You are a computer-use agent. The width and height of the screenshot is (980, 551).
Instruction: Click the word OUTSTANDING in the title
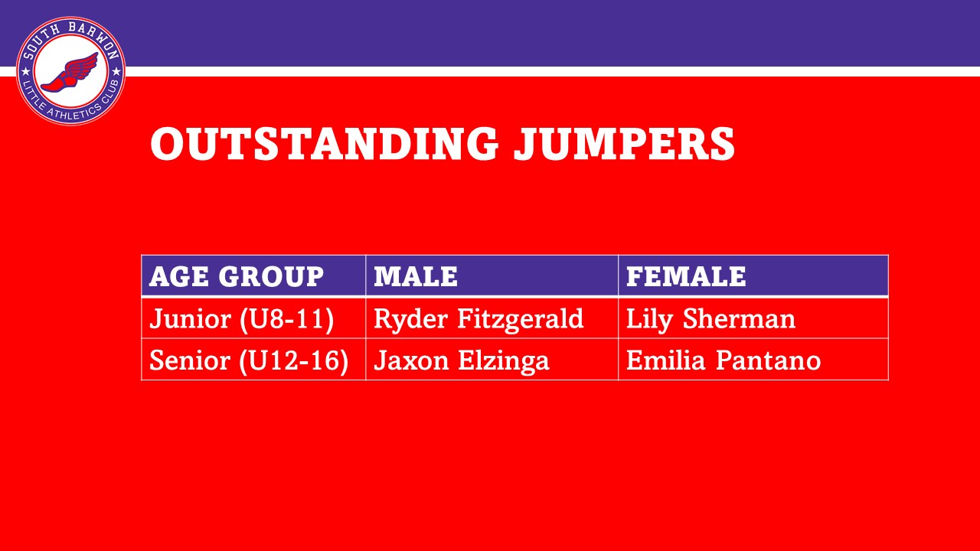(324, 143)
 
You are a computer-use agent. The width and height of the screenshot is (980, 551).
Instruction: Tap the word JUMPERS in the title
(625, 143)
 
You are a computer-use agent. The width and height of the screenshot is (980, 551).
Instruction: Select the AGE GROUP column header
(237, 276)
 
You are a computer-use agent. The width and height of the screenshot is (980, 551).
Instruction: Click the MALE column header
(416, 276)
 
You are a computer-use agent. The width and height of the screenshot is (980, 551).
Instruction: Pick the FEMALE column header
(686, 276)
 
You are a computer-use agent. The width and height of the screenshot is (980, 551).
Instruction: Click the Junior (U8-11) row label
(241, 319)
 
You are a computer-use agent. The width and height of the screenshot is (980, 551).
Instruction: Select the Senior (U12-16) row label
(249, 361)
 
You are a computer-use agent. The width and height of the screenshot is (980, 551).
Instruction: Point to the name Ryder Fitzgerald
(479, 319)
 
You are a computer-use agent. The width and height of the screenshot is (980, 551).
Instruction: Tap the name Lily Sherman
(711, 319)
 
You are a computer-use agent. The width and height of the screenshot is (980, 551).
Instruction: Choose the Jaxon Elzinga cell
(462, 361)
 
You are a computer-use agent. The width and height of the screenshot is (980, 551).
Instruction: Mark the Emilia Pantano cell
(724, 360)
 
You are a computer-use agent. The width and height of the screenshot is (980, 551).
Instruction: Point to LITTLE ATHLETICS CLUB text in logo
(71, 104)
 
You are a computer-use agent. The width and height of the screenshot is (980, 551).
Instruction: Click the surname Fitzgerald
(521, 319)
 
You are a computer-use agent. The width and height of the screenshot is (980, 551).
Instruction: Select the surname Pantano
(769, 360)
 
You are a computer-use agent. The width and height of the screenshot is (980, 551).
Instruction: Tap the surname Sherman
(740, 318)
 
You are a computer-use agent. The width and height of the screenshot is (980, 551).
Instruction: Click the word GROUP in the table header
(271, 276)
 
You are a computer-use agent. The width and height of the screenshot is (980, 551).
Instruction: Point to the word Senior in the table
(190, 360)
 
